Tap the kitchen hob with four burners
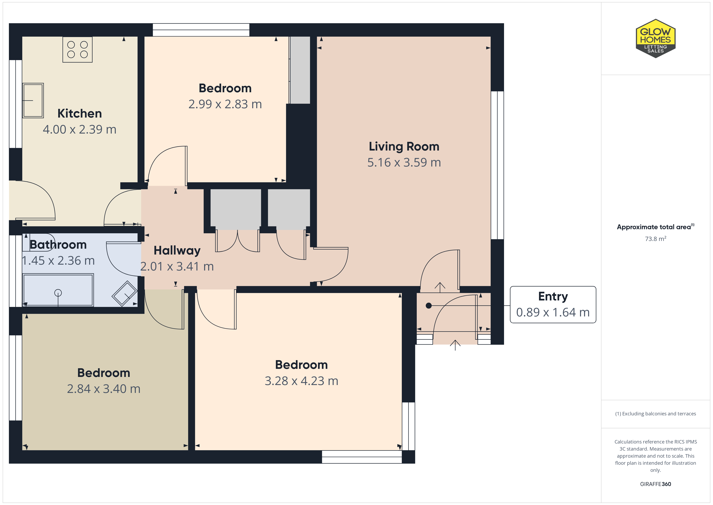coord(77,49)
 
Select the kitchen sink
coord(33,100)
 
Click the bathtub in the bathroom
coord(58,290)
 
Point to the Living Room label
coord(404,146)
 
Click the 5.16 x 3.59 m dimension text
coord(404,162)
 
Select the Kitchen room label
coord(79,114)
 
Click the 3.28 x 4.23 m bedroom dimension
coord(301,381)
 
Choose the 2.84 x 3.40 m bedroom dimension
coord(104,389)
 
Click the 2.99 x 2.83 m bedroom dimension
coord(225,104)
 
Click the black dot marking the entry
coord(428,306)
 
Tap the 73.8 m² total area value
coord(656,239)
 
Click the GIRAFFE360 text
coord(656,484)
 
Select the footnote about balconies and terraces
coord(656,414)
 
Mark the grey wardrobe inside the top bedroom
coord(300,70)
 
